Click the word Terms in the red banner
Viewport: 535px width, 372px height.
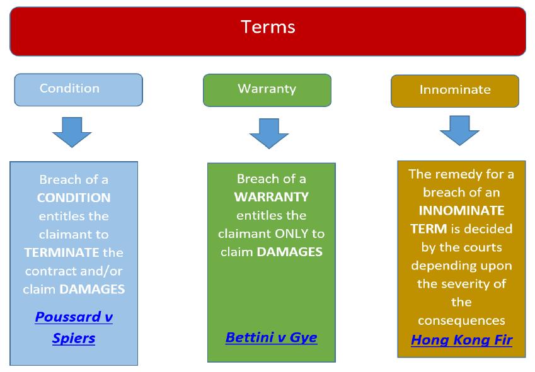(268, 27)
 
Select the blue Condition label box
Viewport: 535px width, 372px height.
(79, 89)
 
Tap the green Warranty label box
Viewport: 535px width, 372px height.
(267, 90)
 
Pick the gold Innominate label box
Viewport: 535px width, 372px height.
(455, 91)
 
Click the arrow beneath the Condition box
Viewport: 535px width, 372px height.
(72, 132)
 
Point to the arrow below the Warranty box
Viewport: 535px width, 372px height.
(269, 133)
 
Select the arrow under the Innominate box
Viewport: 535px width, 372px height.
(459, 130)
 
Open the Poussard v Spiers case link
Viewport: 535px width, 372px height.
(74, 327)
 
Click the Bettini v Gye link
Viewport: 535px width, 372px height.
(272, 337)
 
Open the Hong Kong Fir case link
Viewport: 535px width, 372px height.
(462, 340)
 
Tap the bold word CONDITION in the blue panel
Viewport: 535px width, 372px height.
(74, 198)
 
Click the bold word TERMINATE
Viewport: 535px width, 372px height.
(62, 252)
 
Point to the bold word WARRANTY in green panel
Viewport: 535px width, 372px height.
(271, 196)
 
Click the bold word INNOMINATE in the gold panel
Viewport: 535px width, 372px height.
(462, 210)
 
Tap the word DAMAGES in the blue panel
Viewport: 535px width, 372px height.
(92, 289)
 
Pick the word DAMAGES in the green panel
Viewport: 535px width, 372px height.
(290, 252)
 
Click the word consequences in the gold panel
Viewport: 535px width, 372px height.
(462, 320)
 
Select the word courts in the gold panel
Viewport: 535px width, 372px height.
(484, 247)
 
